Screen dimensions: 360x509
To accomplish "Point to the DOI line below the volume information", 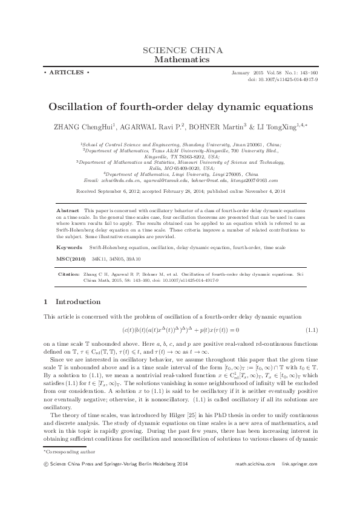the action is tap(284, 79).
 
